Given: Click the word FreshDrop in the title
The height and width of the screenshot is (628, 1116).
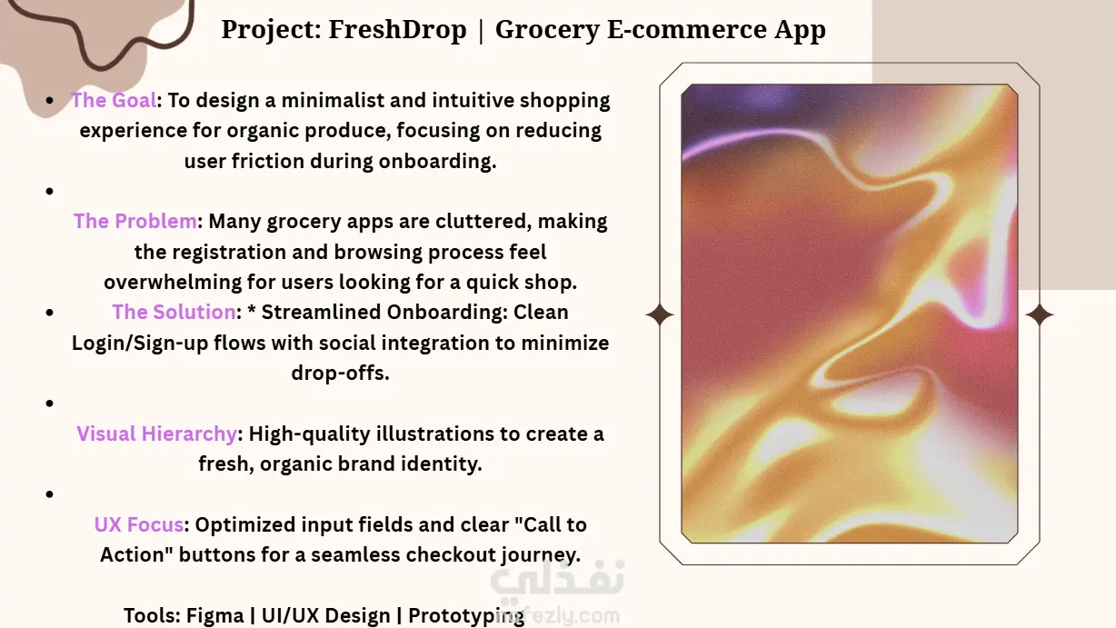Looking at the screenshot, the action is point(397,29).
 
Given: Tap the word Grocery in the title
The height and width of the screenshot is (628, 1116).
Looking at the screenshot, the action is point(546,30).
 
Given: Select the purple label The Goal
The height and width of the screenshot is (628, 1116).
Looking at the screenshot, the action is point(114,100).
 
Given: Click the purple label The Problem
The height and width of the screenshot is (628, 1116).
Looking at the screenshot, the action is point(135,221).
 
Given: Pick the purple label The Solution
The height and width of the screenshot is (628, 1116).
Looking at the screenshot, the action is point(174,312).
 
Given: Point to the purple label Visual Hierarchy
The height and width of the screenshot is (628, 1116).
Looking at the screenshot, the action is point(156,434).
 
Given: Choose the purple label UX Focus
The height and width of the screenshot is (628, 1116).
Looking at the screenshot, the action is point(139,524).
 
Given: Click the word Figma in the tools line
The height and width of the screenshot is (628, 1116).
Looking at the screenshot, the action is point(214,615).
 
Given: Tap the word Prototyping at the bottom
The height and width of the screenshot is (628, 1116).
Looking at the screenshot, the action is point(466,615).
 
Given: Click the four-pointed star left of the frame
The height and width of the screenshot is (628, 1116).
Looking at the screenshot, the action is point(660,315).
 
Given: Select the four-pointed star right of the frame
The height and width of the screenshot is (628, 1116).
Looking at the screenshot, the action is point(1040,315).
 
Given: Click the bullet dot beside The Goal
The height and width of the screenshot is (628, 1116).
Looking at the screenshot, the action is point(49,101).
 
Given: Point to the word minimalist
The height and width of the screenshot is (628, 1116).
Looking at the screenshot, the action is point(333,100).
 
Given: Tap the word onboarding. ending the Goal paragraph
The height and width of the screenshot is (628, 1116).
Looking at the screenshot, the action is point(437,162).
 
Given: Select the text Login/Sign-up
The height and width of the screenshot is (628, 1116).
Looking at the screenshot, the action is point(140,344).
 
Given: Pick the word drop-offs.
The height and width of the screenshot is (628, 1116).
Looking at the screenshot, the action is point(340,373).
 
